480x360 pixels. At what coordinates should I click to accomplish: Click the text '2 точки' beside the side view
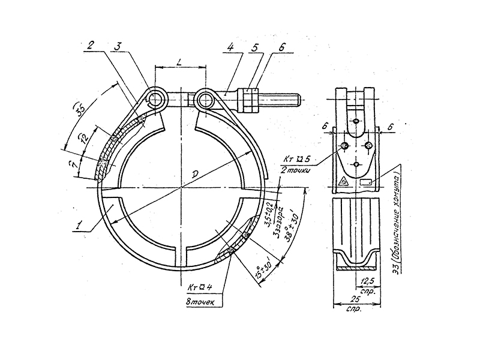[x=297, y=171]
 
